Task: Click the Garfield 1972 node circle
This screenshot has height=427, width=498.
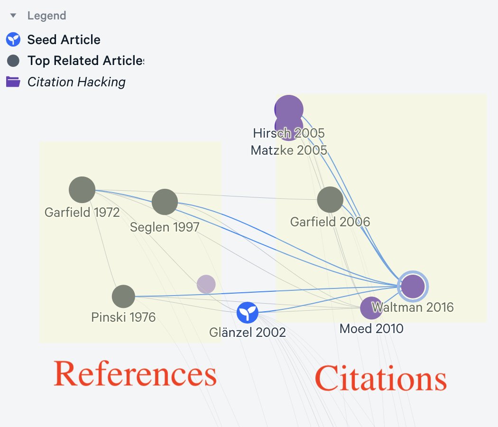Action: coord(82,190)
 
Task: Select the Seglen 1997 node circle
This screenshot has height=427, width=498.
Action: coord(165,202)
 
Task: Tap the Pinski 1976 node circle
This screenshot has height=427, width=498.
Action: coord(123,297)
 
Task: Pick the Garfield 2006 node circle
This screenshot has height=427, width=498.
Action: coord(330,200)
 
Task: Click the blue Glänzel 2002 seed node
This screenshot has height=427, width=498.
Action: coord(248,312)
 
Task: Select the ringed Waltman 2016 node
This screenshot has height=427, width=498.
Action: coord(413,287)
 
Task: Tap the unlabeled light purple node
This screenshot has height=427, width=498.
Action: coord(206,284)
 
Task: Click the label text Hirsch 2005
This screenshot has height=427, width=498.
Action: coord(288,133)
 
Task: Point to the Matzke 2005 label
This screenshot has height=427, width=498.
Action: coord(288,150)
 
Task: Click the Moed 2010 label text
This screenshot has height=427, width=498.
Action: coord(371,328)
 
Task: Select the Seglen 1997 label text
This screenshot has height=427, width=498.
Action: coord(165,227)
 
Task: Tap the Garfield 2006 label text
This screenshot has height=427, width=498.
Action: coord(330,222)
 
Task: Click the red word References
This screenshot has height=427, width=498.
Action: coord(135,374)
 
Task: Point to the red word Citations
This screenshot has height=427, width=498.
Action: coord(380,379)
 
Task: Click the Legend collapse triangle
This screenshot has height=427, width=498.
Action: coord(13,16)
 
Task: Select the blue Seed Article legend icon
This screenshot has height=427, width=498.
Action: coord(13,39)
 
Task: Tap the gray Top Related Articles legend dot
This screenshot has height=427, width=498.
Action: coord(13,61)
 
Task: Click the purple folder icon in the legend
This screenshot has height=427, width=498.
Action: coord(13,82)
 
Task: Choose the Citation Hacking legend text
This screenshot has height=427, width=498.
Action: coord(76,82)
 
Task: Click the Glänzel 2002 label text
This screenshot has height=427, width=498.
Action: coord(247,332)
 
